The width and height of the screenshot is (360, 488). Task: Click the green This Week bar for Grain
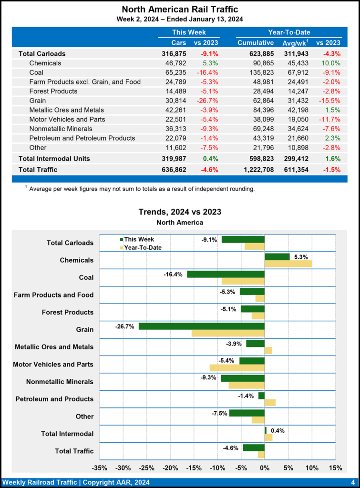coord(201,326)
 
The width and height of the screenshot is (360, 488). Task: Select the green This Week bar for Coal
coord(226,274)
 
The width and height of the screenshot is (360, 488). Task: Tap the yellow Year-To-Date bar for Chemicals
coord(288,264)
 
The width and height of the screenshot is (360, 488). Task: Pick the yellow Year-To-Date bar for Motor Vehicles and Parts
coord(237,368)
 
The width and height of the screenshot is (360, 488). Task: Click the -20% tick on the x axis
coord(170,468)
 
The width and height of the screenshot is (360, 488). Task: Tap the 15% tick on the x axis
coord(335,468)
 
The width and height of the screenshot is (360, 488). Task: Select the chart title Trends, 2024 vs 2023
coord(180,212)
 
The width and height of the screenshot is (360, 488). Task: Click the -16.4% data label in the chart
coord(173,274)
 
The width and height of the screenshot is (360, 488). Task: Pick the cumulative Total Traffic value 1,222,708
coord(256,169)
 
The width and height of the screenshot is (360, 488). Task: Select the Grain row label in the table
coord(38,101)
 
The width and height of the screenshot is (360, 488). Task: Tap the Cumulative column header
coord(256,43)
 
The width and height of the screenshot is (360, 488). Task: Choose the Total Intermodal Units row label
coord(54,158)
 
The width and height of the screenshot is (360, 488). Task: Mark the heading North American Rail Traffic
coord(180,9)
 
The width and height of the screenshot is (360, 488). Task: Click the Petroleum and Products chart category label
coord(54,399)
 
